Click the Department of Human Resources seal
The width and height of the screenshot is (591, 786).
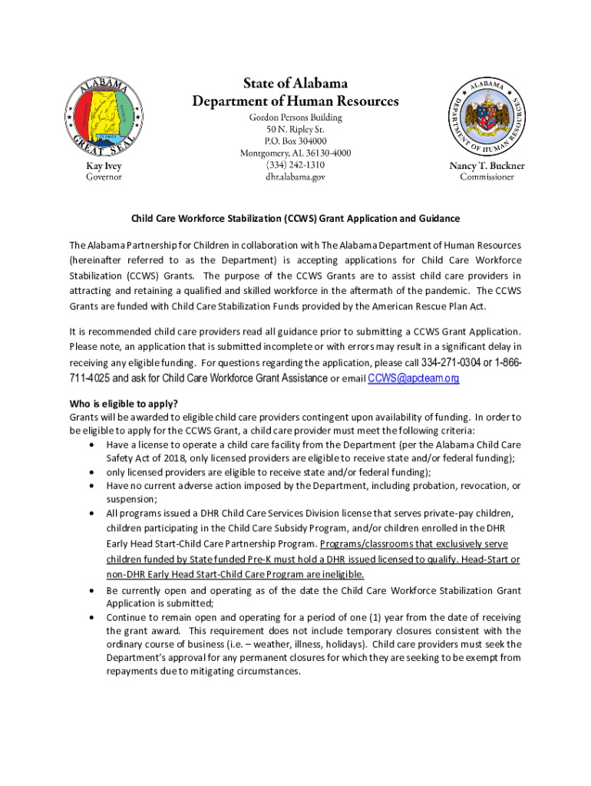(487, 115)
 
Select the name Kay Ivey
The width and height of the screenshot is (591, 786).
(103, 166)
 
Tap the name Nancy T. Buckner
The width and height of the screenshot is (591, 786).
(487, 166)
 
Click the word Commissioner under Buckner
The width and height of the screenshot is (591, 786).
(487, 177)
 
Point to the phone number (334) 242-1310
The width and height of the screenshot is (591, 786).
(295, 165)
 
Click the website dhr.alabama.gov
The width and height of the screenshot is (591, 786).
(295, 177)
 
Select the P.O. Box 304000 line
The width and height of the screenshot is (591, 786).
(295, 141)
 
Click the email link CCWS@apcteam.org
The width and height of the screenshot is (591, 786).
(414, 378)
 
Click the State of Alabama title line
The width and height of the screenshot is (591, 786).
(295, 83)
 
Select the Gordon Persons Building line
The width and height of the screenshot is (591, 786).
(295, 117)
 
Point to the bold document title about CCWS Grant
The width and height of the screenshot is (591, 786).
(295, 219)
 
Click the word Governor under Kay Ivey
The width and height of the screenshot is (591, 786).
(103, 177)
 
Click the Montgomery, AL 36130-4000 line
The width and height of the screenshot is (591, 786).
(295, 153)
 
